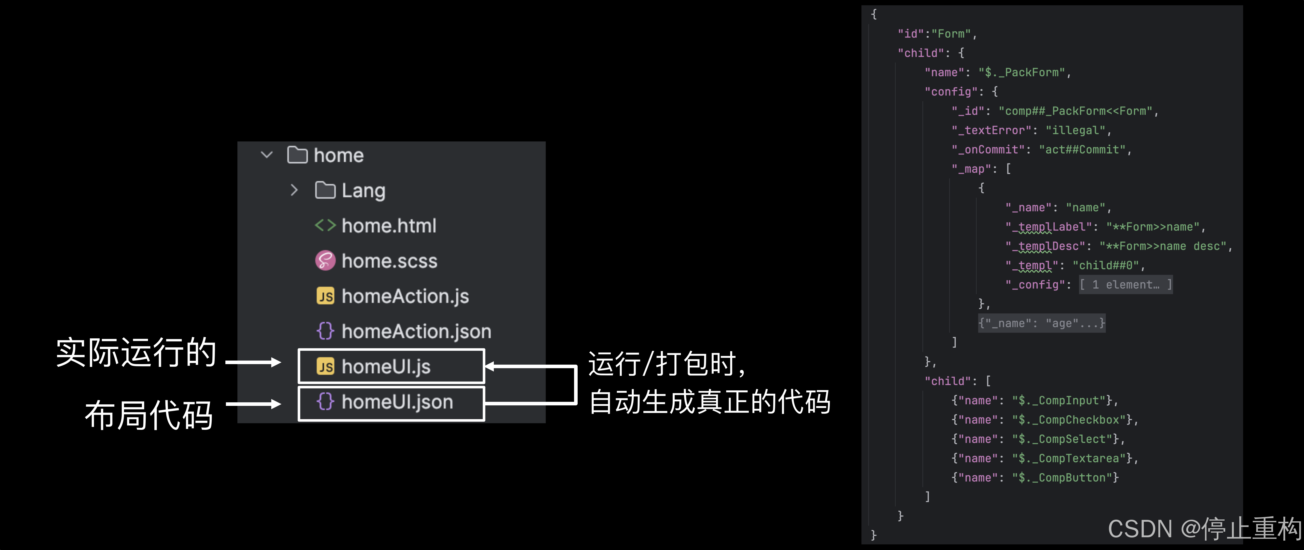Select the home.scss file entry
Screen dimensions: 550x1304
[389, 261]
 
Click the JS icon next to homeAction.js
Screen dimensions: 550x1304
[325, 296]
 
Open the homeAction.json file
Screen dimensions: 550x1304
[416, 332]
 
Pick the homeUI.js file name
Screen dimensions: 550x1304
[386, 366]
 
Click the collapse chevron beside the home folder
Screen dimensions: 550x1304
[267, 155]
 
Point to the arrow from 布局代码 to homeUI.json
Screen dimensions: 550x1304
[253, 404]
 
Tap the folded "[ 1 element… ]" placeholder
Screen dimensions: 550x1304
[1125, 284]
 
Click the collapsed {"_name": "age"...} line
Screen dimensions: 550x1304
[1041, 323]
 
